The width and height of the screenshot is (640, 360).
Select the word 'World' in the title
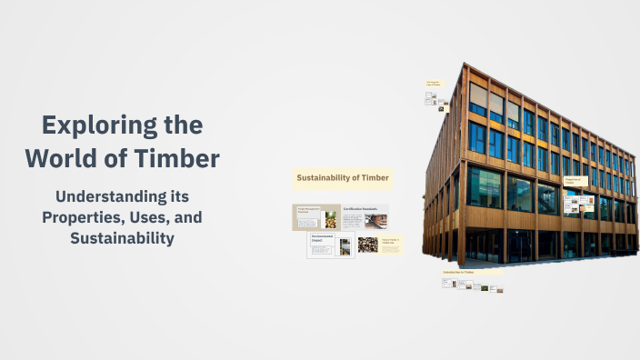pos(63,158)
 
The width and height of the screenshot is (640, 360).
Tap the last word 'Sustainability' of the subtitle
pos(122,238)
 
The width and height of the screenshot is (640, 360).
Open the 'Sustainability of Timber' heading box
pos(342,177)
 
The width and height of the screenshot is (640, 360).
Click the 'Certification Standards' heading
pos(361,209)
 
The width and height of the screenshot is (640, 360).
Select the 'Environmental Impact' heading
pos(322,237)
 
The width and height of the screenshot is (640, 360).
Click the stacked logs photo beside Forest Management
pos(331,219)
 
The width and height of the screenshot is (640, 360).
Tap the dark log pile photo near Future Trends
pos(367,245)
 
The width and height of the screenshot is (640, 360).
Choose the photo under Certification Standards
pos(375,220)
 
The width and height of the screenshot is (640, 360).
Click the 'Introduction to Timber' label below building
pos(459,273)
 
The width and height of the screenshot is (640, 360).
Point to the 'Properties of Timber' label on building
pos(575,182)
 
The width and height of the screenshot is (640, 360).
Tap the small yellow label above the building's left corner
pos(433,85)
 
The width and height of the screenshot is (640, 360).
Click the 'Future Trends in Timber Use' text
pos(391,241)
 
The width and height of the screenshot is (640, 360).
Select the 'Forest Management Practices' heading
pos(305,210)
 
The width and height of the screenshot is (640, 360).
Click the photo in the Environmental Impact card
pos(345,246)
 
